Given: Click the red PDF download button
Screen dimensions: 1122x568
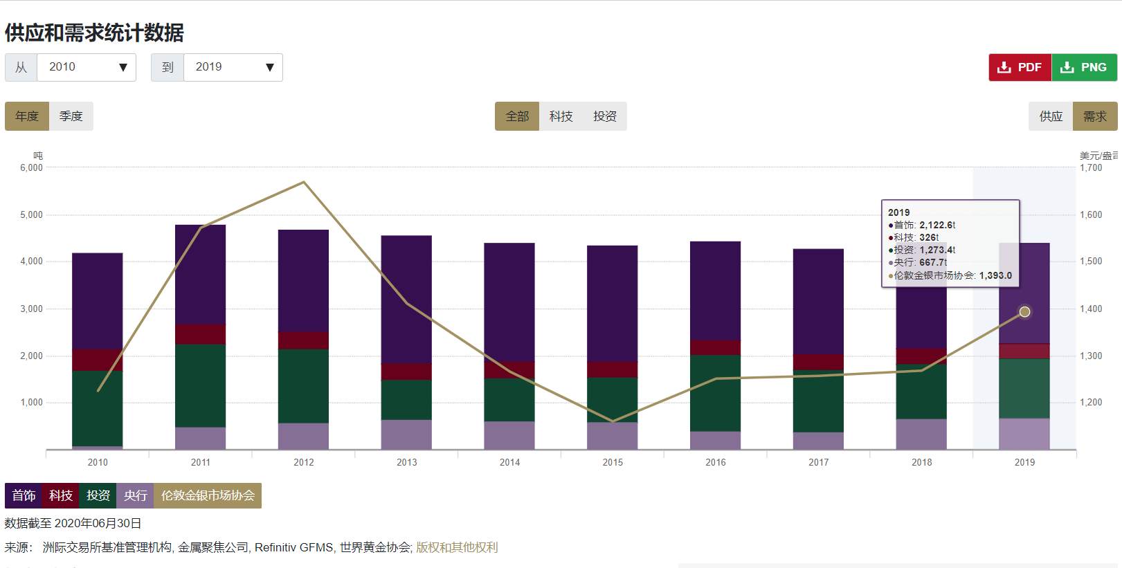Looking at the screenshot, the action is [1020, 67].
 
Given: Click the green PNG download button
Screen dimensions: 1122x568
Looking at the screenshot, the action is [1085, 67].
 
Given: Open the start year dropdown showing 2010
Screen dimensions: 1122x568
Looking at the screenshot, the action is [86, 67].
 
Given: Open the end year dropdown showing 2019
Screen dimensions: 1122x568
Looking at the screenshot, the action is [233, 67].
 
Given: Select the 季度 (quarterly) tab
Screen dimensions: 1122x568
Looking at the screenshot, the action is [71, 116].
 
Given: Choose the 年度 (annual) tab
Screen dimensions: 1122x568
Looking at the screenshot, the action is [27, 116].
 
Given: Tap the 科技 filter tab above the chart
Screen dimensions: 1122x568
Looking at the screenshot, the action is [561, 116].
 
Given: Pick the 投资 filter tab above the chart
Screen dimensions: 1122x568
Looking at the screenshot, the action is [604, 116].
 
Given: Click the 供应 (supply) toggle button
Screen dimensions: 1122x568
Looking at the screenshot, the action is [1051, 116].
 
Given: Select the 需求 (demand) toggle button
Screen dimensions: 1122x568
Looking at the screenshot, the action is [1095, 116].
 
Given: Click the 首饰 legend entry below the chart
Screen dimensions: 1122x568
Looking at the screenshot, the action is [24, 495].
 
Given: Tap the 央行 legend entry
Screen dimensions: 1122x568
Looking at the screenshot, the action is [135, 495].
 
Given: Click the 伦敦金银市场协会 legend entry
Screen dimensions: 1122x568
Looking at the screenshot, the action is [208, 495].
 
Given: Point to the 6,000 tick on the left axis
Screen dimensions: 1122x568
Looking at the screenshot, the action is [32, 167].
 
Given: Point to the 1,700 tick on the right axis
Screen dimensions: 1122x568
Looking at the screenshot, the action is [1091, 167].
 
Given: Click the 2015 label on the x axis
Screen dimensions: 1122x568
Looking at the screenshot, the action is [613, 462].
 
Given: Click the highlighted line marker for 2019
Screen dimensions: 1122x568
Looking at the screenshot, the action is [1025, 312].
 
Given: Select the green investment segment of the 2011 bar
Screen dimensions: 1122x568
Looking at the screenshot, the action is [200, 385].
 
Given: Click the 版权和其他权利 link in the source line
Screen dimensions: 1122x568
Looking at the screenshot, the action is [457, 547].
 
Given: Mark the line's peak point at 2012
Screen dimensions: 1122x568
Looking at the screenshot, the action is [304, 182].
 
